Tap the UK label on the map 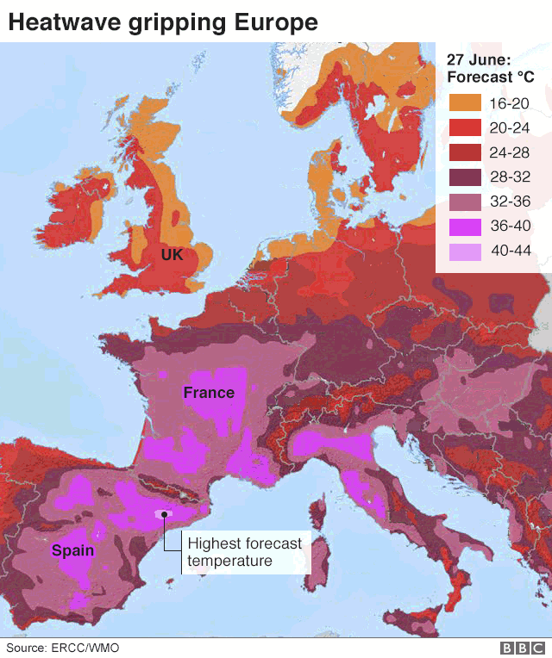tap(172, 255)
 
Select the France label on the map tap(209, 393)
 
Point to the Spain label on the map tap(72, 550)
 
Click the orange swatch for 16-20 tap(464, 104)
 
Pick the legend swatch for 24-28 tap(464, 153)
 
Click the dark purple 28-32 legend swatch tap(464, 178)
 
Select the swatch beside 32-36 tap(464, 202)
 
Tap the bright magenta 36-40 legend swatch tap(464, 227)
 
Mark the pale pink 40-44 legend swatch tap(464, 251)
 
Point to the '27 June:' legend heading tap(479, 59)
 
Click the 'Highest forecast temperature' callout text tap(245, 552)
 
